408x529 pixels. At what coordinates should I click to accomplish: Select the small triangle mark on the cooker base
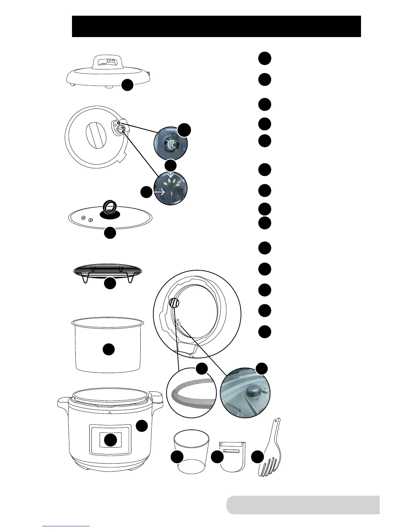pyautogui.click(x=110, y=413)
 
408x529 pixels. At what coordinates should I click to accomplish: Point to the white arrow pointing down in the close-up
pyautogui.click(x=171, y=175)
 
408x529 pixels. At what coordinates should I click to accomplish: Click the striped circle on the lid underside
pyautogui.click(x=174, y=303)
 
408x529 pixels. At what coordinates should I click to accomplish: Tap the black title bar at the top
pyautogui.click(x=216, y=26)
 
